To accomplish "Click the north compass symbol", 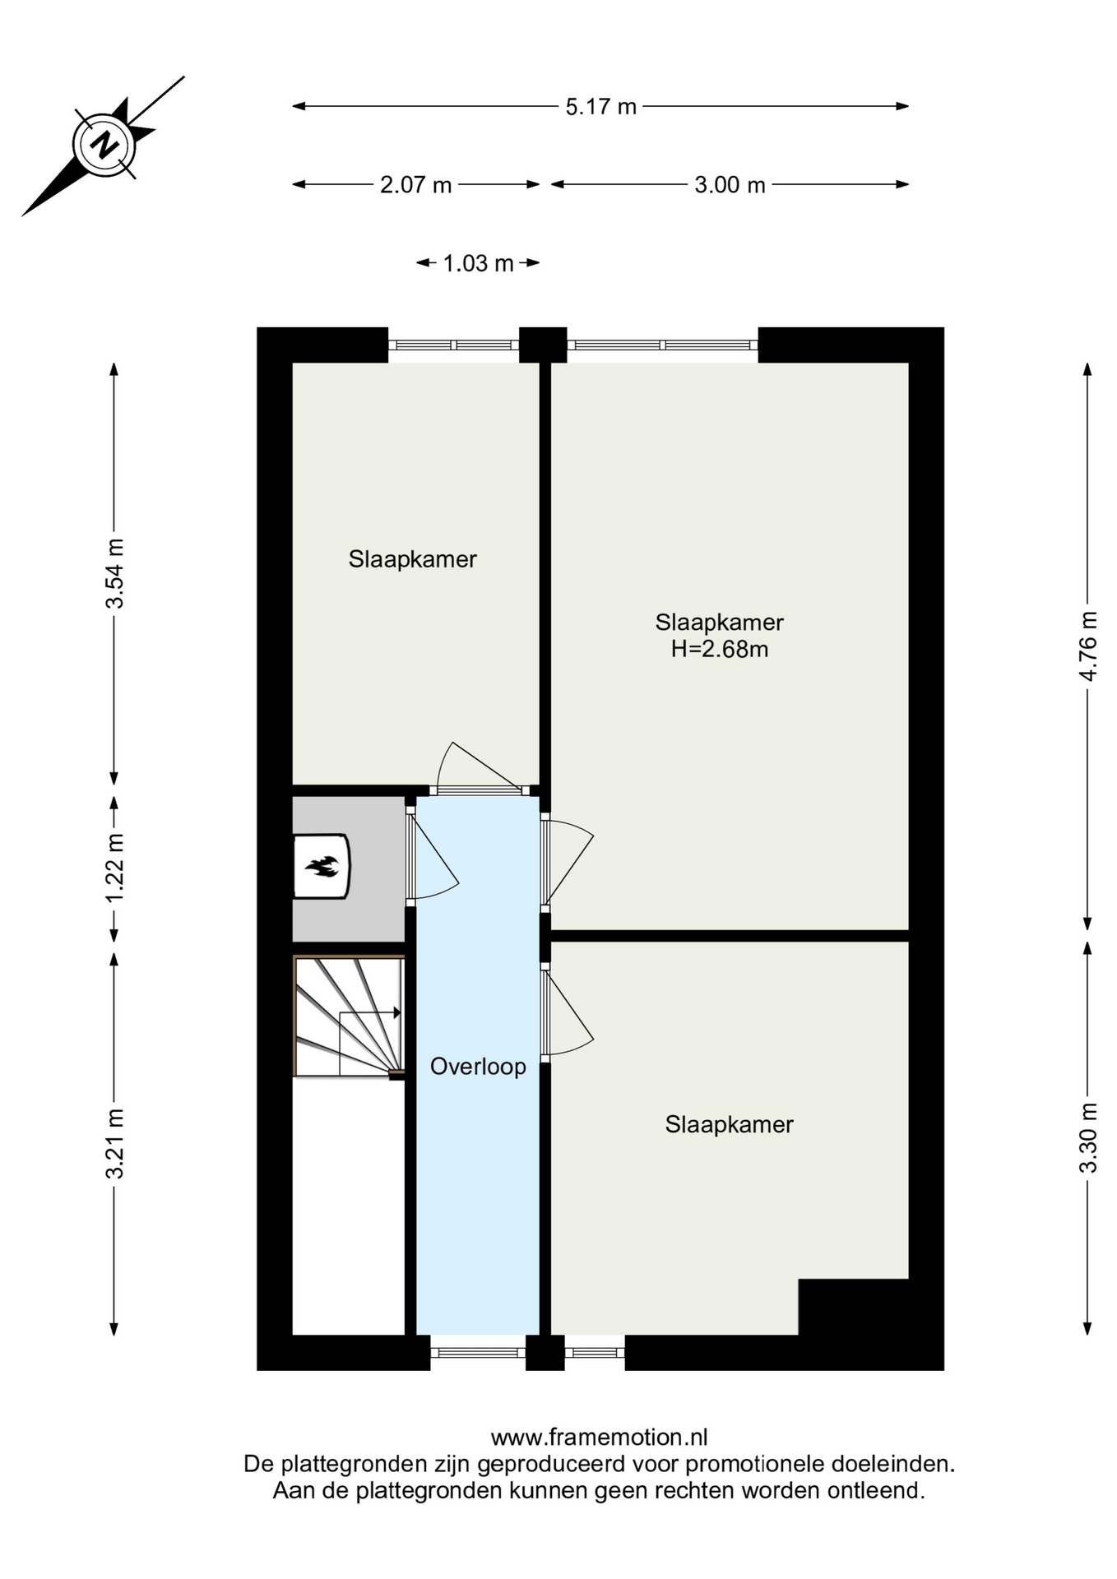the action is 104,146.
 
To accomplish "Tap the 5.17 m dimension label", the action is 601,107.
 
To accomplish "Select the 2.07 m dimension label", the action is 416,185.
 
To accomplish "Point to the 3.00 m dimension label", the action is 730,185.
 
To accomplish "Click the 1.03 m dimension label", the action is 478,264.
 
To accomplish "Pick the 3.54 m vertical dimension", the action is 114,573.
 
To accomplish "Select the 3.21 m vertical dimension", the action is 114,1143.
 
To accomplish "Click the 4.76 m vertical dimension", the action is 1088,646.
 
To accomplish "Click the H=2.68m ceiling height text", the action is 720,650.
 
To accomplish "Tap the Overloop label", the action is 478,1067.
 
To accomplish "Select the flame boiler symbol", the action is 322,866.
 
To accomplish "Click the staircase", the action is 349,1016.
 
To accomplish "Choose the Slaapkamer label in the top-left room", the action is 413,559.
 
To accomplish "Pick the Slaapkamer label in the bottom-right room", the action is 730,1125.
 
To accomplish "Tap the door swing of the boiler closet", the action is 433,855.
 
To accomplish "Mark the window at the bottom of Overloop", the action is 478,1351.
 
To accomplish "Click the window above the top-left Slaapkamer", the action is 453,345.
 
